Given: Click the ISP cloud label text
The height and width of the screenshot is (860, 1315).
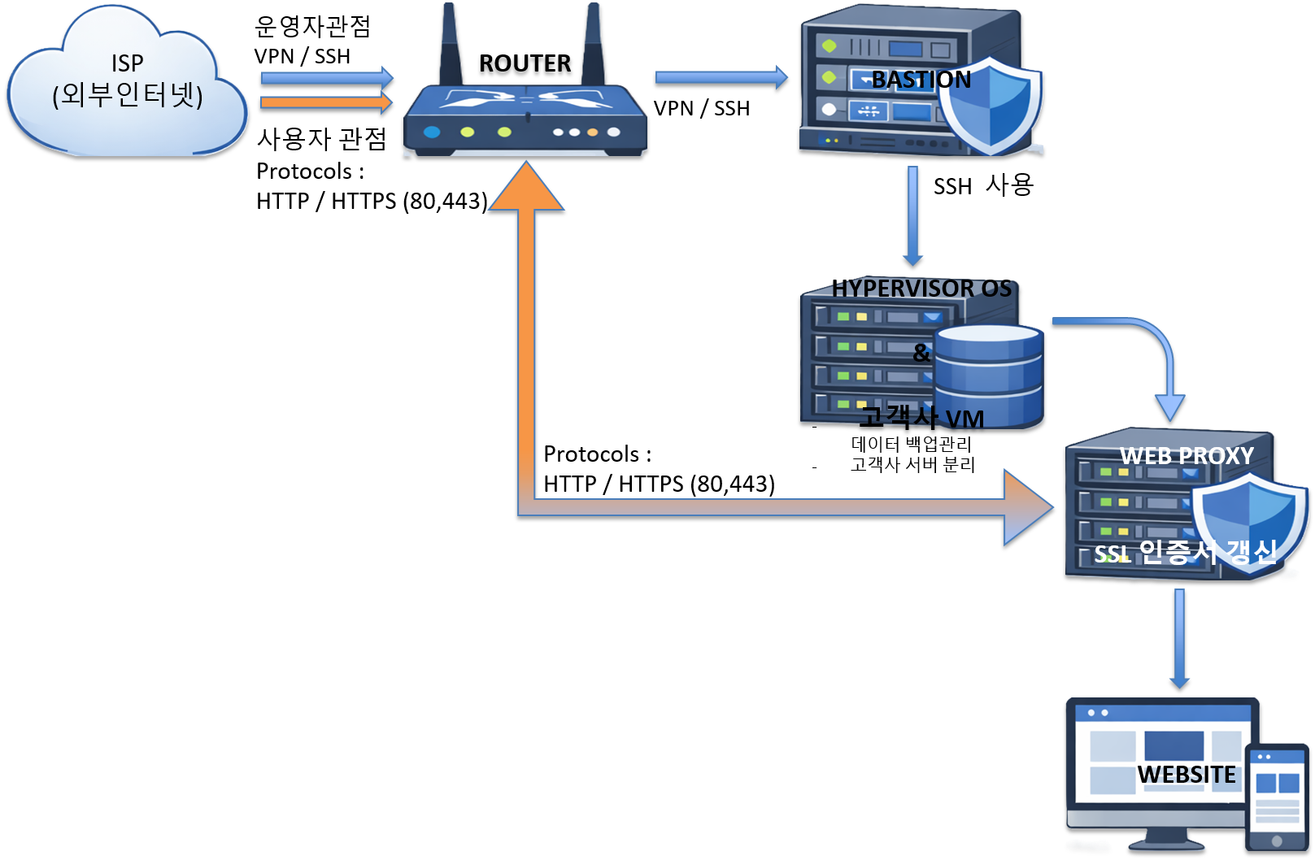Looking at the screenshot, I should click(128, 80).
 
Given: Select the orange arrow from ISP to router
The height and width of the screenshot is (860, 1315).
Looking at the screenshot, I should click(325, 102).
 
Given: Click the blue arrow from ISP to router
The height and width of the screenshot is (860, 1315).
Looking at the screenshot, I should click(325, 78).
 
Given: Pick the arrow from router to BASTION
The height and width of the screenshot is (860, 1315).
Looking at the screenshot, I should click(721, 77).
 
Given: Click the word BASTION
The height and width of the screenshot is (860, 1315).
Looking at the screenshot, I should click(921, 80).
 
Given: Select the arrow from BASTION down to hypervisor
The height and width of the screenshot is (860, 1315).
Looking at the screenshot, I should click(912, 215).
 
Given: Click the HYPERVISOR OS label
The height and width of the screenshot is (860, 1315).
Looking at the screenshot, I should click(921, 289).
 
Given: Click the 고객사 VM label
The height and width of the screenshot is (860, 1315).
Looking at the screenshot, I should click(922, 418).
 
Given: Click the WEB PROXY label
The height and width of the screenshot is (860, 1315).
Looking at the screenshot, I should click(1187, 456).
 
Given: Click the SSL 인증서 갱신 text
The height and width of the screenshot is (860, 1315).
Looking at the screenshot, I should click(1185, 553).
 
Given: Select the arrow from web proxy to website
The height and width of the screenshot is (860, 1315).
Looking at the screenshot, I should click(1179, 638).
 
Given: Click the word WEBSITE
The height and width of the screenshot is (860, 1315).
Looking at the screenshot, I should click(1187, 775).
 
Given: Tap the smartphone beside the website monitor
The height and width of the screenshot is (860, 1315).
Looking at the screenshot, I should click(1277, 797).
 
